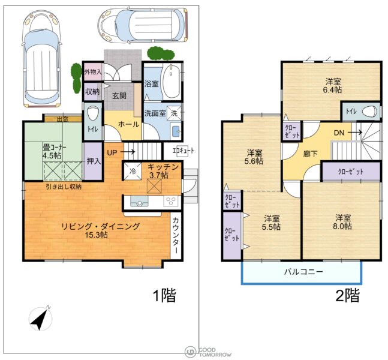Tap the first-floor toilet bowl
(94, 113)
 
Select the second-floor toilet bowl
(369, 112)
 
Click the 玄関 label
(119, 96)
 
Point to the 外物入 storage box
(93, 72)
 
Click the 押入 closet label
(94, 161)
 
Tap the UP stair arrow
(128, 152)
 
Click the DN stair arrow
(355, 133)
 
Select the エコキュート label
(184, 151)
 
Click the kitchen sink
(139, 201)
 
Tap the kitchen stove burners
(170, 201)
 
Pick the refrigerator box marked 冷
(133, 171)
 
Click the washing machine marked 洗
(174, 113)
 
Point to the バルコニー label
(303, 272)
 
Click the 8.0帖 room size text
(342, 226)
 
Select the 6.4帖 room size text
(332, 89)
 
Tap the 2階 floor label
(347, 295)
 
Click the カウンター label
(176, 235)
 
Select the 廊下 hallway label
(310, 154)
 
